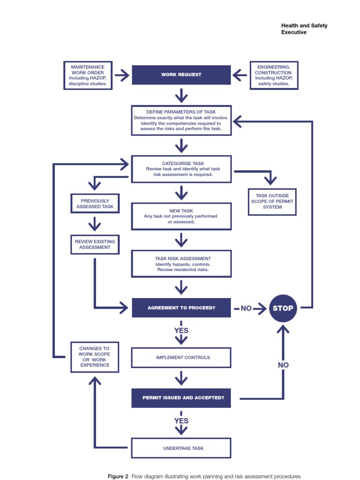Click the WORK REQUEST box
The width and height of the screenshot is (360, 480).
click(x=181, y=75)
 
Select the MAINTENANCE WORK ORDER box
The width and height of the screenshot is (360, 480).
click(x=88, y=75)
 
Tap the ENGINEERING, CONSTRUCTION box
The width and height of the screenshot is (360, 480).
click(x=274, y=75)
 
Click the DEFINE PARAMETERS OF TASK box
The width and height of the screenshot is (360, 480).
click(x=181, y=120)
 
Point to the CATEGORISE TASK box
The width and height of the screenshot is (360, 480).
click(x=181, y=169)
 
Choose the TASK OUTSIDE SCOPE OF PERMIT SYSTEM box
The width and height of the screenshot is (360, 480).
click(x=272, y=202)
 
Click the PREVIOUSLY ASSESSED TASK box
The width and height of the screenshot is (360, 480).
click(x=95, y=204)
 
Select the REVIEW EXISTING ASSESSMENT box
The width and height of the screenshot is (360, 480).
click(x=95, y=244)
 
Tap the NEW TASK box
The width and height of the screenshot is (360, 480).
click(x=181, y=216)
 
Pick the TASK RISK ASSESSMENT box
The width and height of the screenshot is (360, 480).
click(x=181, y=264)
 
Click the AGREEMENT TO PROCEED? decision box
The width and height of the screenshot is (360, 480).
click(x=181, y=308)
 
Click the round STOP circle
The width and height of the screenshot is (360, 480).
click(x=283, y=308)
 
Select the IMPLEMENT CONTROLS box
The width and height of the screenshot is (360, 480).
click(x=181, y=358)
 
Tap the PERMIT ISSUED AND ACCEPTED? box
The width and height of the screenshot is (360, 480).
click(x=181, y=398)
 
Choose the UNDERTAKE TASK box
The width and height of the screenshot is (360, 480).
click(x=181, y=448)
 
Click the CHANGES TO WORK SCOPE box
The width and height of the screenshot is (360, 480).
click(x=95, y=357)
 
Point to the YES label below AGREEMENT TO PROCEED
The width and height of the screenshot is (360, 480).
click(x=181, y=330)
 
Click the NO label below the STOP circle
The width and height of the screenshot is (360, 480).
click(x=283, y=365)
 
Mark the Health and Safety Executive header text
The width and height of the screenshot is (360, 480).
click(x=304, y=29)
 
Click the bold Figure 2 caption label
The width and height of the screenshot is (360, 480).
click(x=118, y=476)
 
